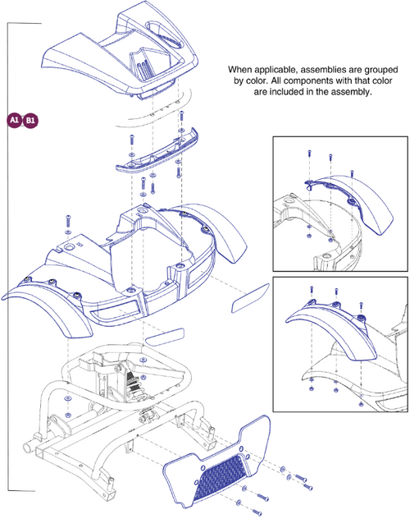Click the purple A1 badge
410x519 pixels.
pyautogui.click(x=14, y=120)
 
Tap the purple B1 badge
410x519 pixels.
pyautogui.click(x=30, y=120)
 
